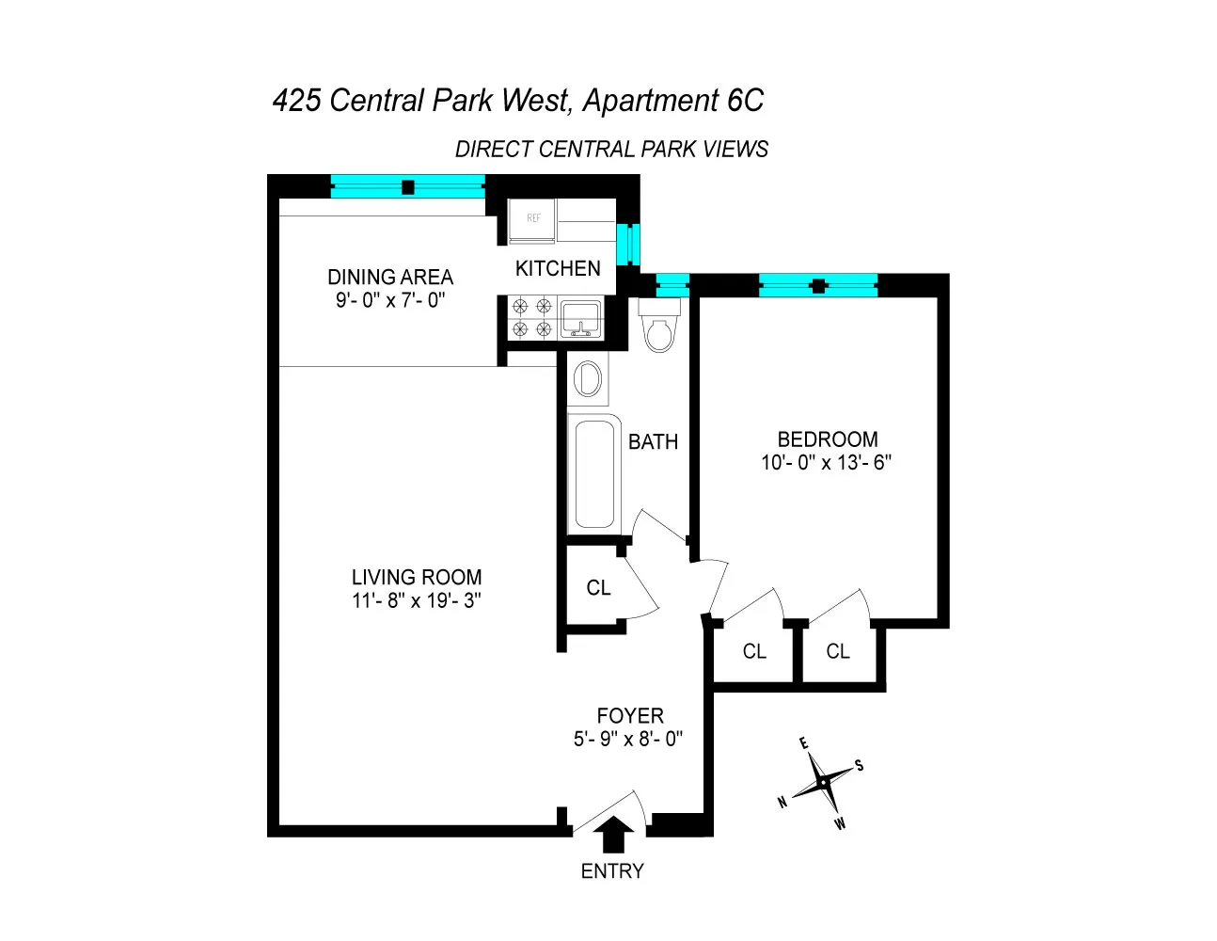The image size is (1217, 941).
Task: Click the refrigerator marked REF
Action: tap(533, 222)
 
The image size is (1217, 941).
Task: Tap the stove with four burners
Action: tap(531, 317)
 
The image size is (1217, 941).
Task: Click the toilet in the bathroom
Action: tap(658, 326)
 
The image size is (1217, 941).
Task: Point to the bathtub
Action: tap(594, 473)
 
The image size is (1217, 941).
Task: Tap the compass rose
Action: tap(824, 782)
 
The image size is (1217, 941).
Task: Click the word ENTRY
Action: tap(612, 871)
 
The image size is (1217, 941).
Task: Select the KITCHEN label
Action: tap(558, 268)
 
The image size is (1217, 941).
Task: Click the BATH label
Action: tap(653, 441)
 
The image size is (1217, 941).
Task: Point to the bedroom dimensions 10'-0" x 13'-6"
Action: tap(826, 462)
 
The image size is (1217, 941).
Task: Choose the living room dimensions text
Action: tap(417, 600)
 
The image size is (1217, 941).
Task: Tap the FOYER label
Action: tap(630, 715)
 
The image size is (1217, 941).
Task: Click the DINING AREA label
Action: tap(390, 277)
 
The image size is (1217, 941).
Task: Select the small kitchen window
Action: tap(626, 245)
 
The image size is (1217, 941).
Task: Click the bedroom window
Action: tap(818, 285)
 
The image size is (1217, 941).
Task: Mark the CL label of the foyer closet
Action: tap(598, 588)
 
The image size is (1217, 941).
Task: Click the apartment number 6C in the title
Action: tap(745, 100)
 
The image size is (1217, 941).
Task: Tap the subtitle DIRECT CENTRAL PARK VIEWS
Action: tap(611, 150)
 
